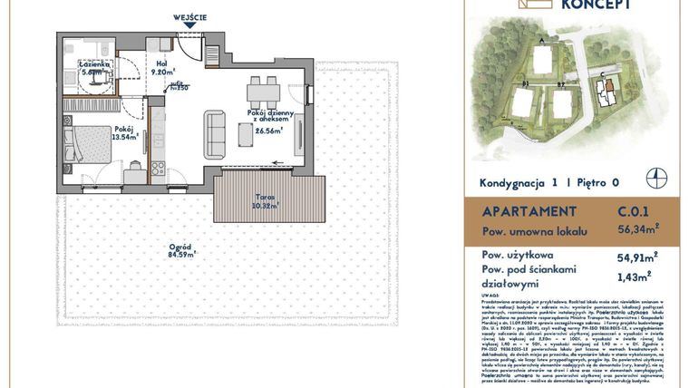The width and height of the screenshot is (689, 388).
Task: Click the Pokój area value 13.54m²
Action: pos(124,138)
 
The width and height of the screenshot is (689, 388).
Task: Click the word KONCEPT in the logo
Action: pos(596,5)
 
